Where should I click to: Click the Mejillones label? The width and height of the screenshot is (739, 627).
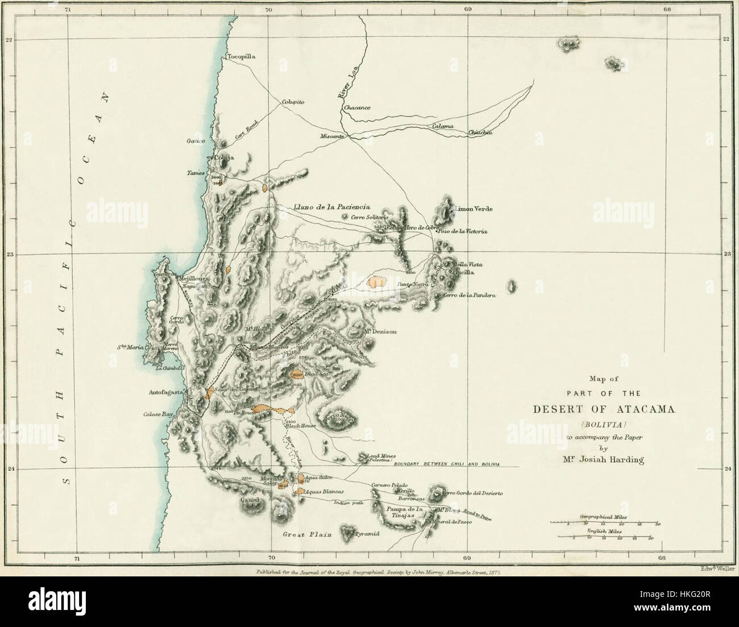click(194, 279)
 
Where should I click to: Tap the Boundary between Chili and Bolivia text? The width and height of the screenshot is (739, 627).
click(446, 464)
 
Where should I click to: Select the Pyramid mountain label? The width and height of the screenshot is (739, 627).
click(366, 535)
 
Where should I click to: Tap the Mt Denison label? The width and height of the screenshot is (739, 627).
click(377, 331)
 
